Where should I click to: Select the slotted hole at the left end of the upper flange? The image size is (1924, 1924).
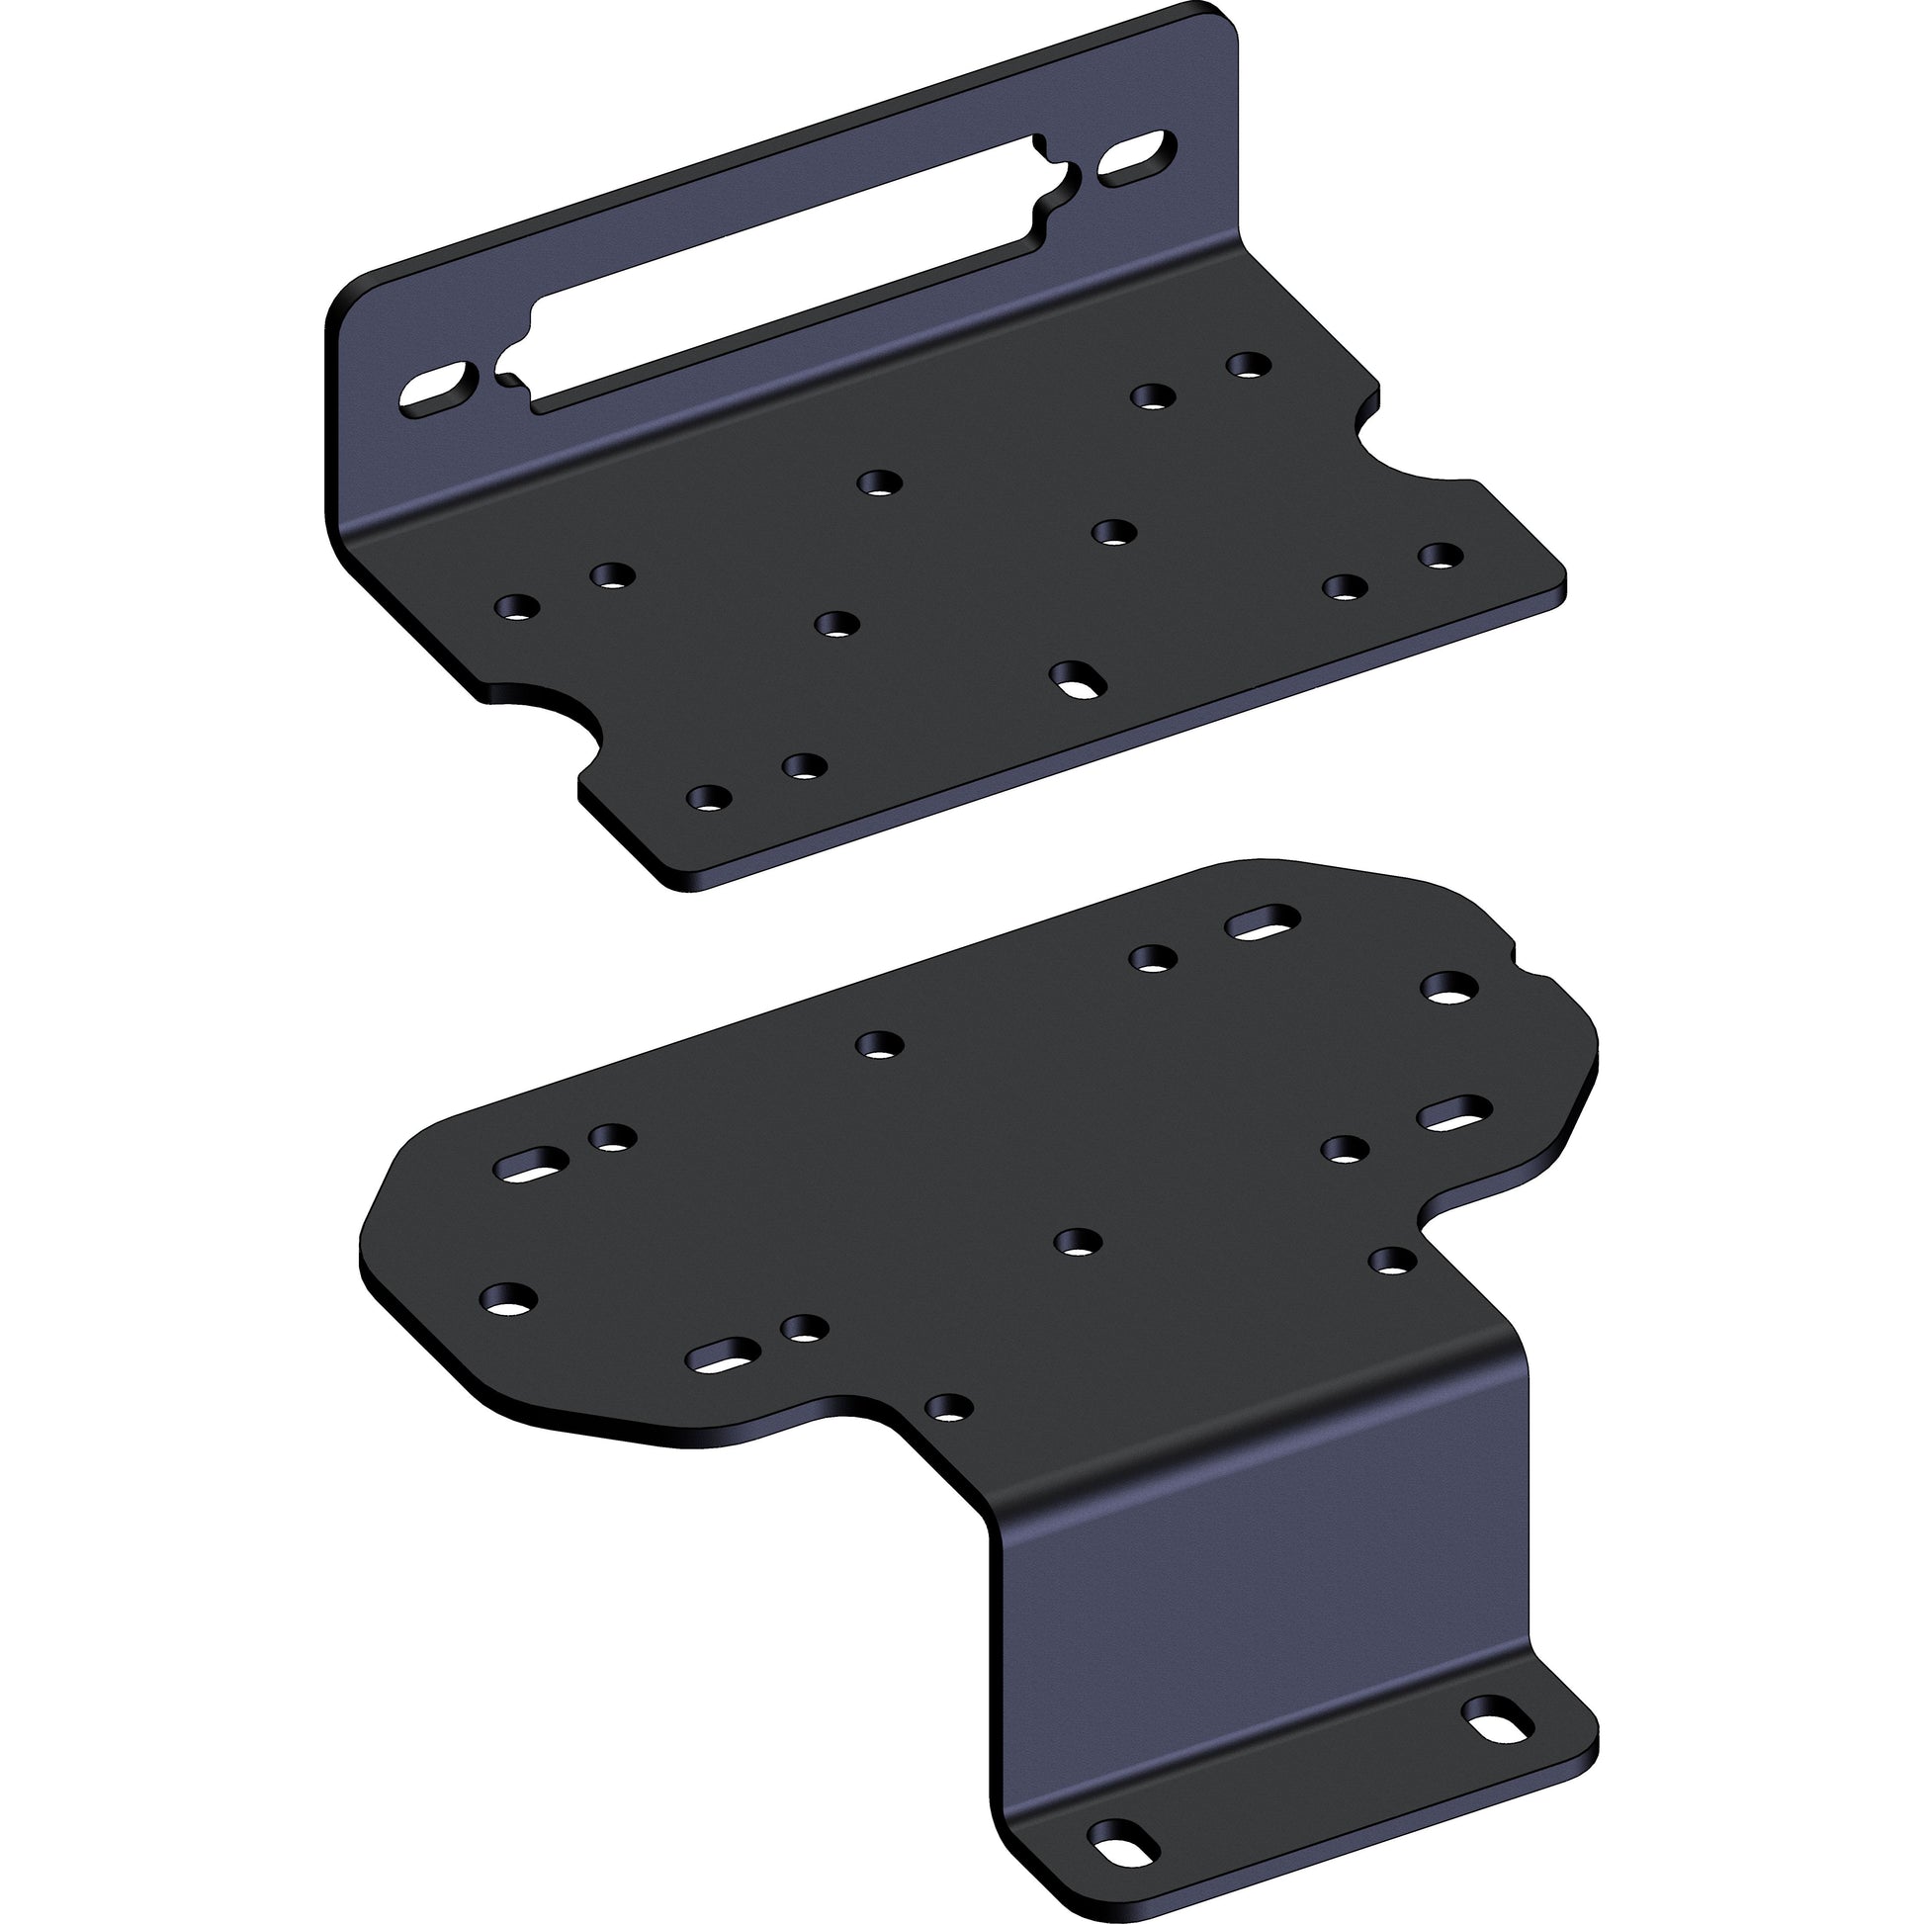[x=438, y=391]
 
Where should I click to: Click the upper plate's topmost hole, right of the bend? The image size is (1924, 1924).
[x=1249, y=365]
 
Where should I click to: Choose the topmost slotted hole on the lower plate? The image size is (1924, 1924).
[x=1263, y=922]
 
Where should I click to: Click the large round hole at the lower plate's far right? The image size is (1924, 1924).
[x=1449, y=989]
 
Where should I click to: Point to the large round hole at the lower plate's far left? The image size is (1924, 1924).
[x=508, y=1297]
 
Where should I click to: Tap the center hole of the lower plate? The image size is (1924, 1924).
[x=1078, y=1241]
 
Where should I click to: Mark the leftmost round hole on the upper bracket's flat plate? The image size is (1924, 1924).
[x=517, y=606]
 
